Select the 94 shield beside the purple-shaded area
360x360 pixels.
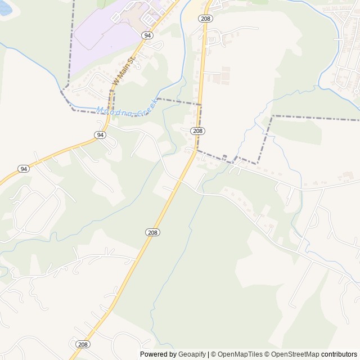(147, 35)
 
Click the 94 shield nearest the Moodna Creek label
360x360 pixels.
(100, 135)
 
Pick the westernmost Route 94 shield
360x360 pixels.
(23, 169)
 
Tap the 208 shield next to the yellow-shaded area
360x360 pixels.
(205, 19)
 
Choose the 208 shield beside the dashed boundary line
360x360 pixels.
(197, 130)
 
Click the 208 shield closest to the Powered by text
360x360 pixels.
(83, 344)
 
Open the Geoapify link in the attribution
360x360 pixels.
(192, 354)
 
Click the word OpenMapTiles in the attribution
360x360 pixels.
(240, 354)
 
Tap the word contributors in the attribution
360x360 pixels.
(340, 354)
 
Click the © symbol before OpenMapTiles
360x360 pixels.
(213, 354)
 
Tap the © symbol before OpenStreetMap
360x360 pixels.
(268, 354)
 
